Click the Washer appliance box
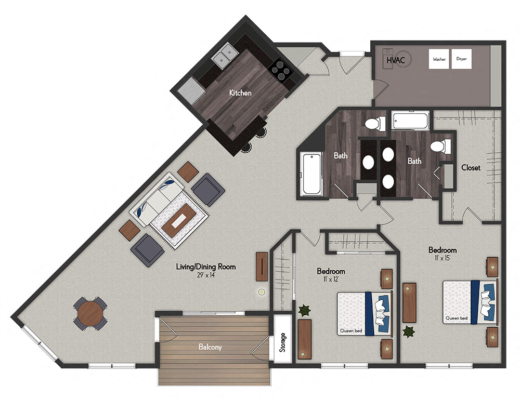(x=439, y=60)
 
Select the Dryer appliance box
(x=462, y=60)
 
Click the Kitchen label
(x=240, y=94)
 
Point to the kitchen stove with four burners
(x=280, y=71)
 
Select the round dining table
(x=90, y=313)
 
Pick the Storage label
(x=282, y=343)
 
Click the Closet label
(x=471, y=168)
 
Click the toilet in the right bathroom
(x=440, y=146)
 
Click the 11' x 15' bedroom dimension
(x=442, y=258)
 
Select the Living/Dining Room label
(x=205, y=267)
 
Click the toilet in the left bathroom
(x=374, y=124)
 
